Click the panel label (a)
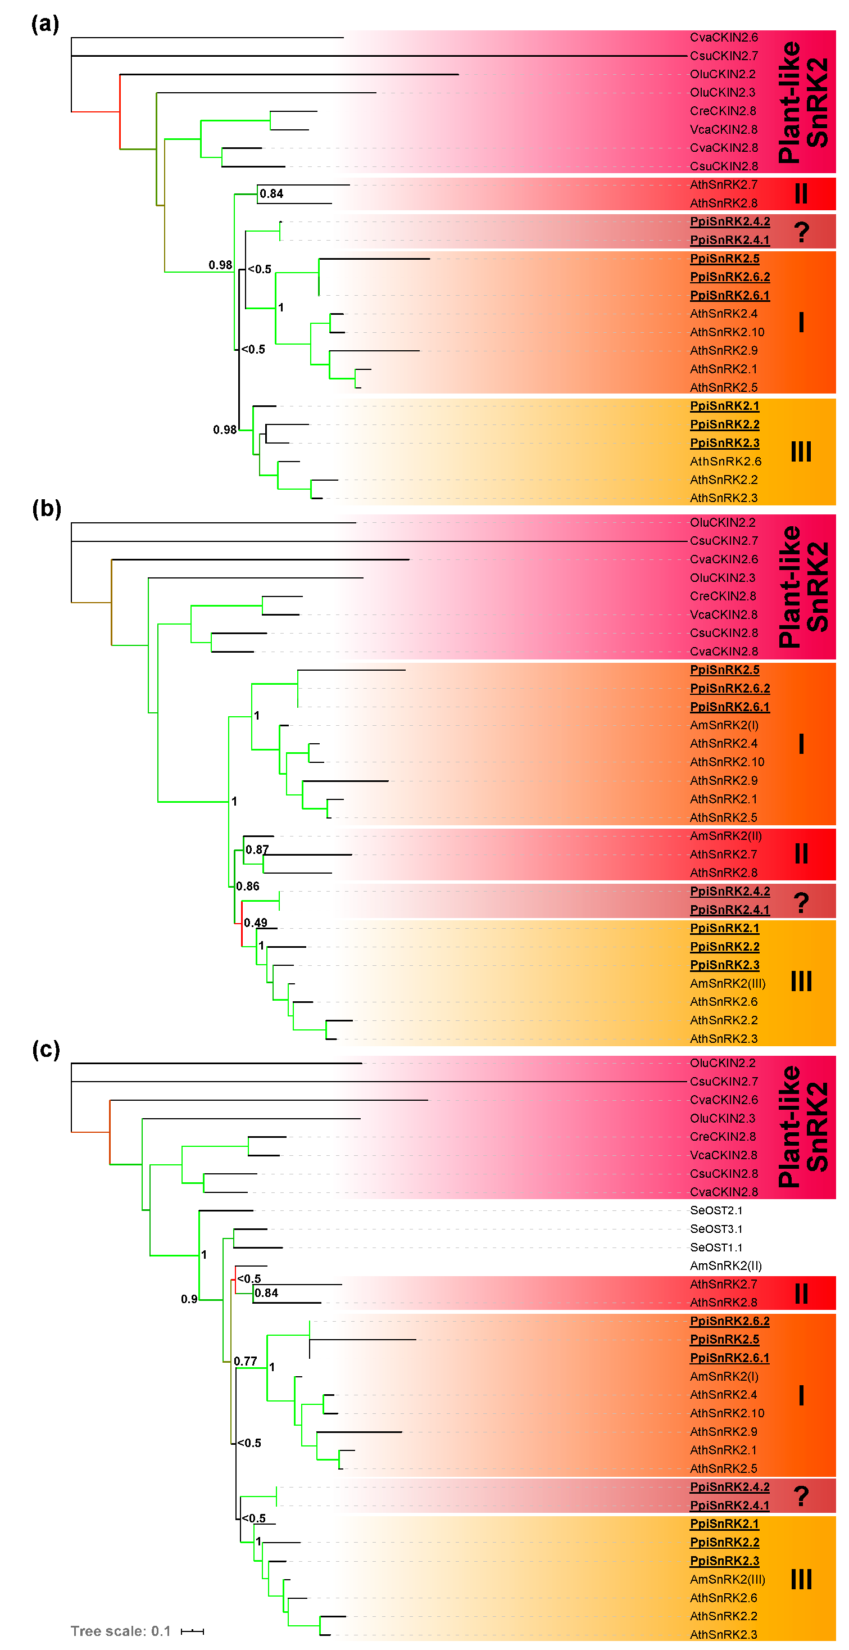tap(45, 24)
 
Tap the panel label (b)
tap(46, 509)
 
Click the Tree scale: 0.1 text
tap(120, 1631)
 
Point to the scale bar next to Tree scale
tap(192, 1631)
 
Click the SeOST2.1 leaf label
tap(716, 1210)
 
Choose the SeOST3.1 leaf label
tap(716, 1228)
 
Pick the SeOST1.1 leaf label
tap(716, 1247)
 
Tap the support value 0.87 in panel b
tap(257, 849)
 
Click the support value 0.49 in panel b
tap(256, 923)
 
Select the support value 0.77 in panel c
tap(245, 1361)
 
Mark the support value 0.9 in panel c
tap(189, 1299)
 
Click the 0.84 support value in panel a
tap(271, 193)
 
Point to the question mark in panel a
tap(801, 232)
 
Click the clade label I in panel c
tap(801, 1395)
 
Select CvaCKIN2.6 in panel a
tap(724, 37)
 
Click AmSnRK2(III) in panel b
tap(727, 983)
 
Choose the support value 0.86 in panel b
tap(248, 886)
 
